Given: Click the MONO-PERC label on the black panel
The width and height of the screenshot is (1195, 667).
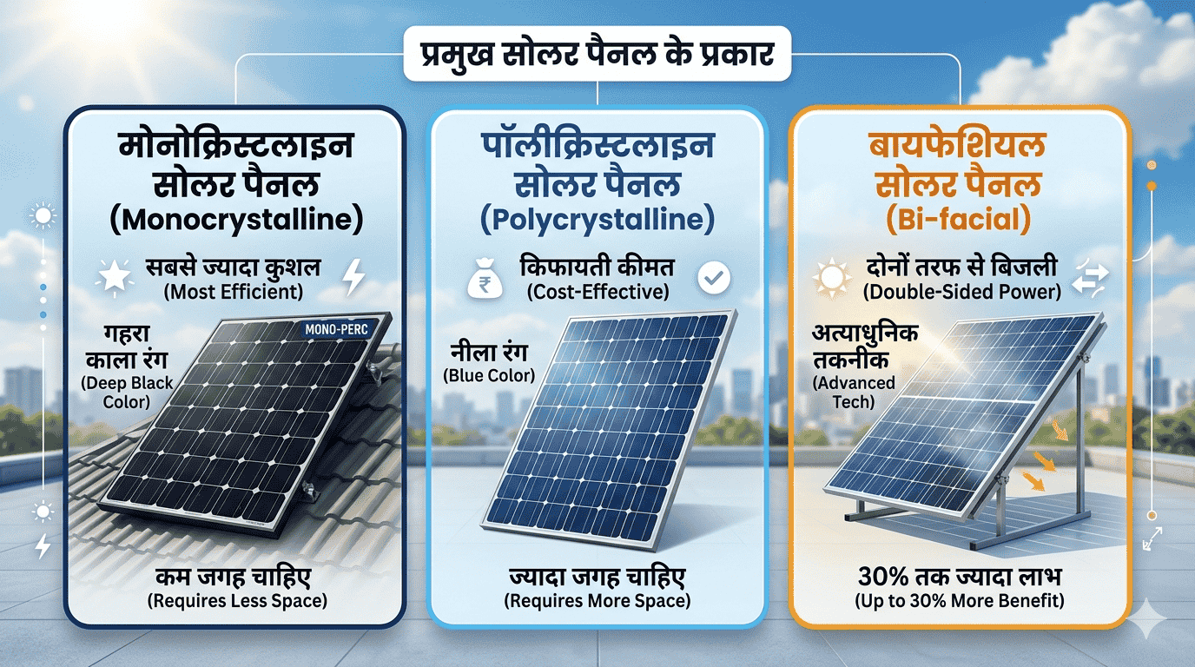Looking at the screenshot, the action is click(x=337, y=329).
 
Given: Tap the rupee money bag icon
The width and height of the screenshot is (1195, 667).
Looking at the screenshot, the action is click(x=485, y=279).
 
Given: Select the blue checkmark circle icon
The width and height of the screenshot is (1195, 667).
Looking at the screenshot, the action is click(x=714, y=277).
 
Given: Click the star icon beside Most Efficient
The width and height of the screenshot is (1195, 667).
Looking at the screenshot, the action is click(x=115, y=277).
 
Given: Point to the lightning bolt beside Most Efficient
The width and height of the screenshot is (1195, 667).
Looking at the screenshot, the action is click(x=353, y=276).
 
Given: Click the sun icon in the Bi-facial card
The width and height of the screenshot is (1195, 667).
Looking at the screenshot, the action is click(x=831, y=278).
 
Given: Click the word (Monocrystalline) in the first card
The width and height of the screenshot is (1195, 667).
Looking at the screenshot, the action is click(x=236, y=220).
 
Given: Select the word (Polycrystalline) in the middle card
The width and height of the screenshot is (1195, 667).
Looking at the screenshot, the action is click(x=597, y=220).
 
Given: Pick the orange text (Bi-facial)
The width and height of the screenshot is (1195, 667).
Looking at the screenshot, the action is click(x=958, y=220).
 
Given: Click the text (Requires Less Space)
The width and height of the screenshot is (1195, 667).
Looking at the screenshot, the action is click(x=237, y=601).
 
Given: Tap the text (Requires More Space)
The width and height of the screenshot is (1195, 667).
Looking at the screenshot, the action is click(x=597, y=601).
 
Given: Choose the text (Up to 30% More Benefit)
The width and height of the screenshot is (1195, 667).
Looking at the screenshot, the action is click(x=959, y=601).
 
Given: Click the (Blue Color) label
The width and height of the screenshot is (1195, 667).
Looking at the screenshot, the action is click(x=489, y=376).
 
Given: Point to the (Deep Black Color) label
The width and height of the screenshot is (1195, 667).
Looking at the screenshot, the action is click(x=127, y=393).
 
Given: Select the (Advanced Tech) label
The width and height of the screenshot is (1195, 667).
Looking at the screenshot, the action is click(x=854, y=393).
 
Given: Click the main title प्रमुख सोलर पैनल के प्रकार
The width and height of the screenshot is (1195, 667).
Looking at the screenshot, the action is click(x=597, y=54).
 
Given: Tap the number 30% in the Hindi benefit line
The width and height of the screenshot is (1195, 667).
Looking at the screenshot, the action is click(x=883, y=577).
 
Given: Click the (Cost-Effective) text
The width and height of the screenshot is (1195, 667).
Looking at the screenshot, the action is click(x=597, y=292).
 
